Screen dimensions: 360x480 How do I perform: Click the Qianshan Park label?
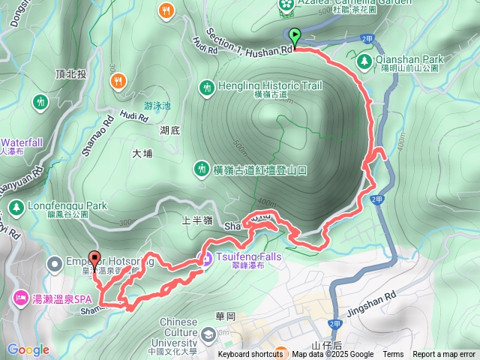412,59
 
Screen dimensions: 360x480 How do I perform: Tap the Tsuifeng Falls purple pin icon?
205,259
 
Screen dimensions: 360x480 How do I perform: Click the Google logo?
28,349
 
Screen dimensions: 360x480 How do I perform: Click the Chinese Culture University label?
188,328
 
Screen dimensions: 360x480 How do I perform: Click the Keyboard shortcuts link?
250,355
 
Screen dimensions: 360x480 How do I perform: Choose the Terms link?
393,355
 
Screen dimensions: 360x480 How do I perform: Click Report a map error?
444,355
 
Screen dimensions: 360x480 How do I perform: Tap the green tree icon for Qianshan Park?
365,59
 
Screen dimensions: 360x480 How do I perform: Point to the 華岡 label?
225,315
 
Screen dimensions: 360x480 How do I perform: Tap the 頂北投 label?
70,73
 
